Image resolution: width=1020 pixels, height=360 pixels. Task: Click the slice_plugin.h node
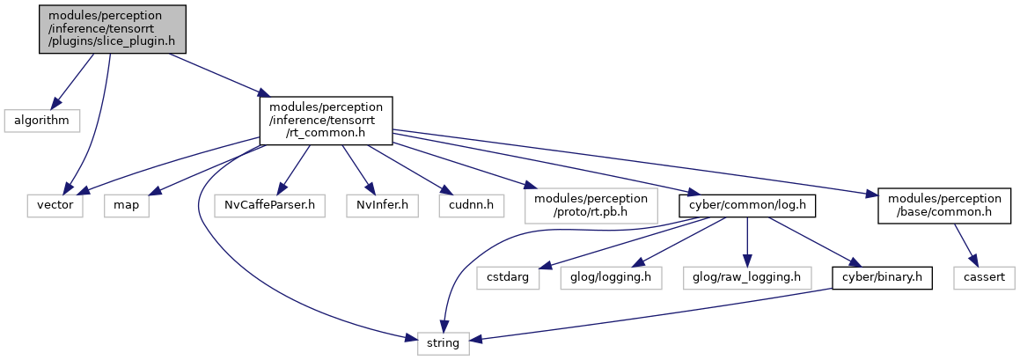click(113, 29)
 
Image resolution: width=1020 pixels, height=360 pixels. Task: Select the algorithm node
click(41, 121)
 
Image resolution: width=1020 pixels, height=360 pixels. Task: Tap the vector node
click(55, 206)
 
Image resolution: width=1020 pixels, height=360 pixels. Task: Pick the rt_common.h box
click(326, 121)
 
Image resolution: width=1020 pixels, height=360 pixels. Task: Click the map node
click(126, 206)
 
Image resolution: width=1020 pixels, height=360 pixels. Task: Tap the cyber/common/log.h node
click(746, 206)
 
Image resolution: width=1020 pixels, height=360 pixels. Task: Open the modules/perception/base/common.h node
click(944, 206)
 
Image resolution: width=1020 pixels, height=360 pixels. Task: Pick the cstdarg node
click(508, 279)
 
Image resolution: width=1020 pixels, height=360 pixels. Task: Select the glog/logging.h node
click(611, 279)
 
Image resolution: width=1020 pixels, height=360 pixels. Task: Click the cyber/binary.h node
click(882, 279)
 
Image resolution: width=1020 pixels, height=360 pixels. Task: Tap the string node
click(443, 342)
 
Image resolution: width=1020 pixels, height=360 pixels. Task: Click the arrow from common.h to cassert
click(966, 246)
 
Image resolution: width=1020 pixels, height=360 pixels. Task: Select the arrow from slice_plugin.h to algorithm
click(73, 81)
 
